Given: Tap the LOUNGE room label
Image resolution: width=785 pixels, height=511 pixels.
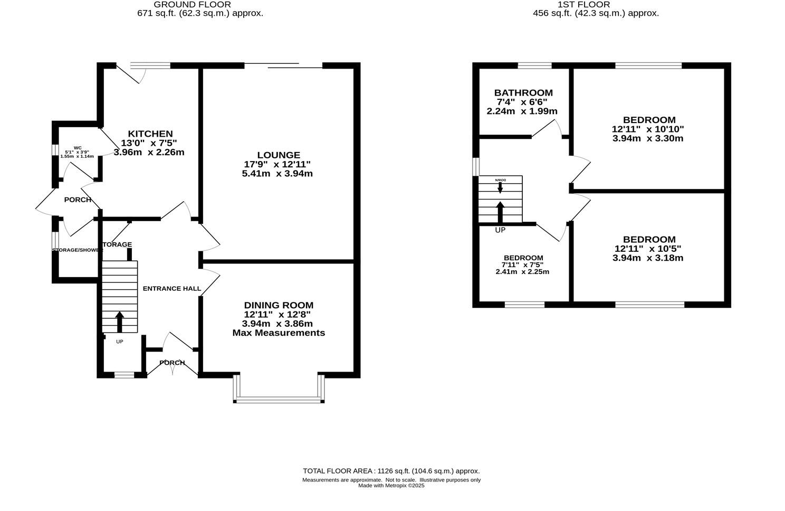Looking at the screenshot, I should click(x=279, y=155).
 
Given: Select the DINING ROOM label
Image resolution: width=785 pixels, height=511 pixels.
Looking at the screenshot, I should click(x=279, y=305).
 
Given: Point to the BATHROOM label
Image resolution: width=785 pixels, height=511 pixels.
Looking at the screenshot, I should click(x=523, y=93).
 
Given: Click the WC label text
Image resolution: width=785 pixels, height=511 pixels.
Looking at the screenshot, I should click(x=78, y=148).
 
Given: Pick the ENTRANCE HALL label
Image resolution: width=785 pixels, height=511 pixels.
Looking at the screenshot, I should click(x=172, y=288).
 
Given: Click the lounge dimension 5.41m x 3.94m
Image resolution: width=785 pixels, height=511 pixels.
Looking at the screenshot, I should click(x=277, y=173).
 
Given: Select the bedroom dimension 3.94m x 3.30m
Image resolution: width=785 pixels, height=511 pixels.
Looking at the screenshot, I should click(x=648, y=138).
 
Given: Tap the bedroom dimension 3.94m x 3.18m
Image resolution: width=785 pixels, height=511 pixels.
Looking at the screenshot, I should click(x=648, y=258).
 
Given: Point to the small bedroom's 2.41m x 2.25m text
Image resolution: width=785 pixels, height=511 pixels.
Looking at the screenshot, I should click(x=522, y=272).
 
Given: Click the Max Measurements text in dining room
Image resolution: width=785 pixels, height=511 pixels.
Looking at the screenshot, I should click(x=279, y=333).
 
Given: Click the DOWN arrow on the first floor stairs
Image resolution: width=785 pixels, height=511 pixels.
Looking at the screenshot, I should click(x=500, y=187).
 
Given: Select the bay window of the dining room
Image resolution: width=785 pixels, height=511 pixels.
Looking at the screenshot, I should click(x=279, y=399).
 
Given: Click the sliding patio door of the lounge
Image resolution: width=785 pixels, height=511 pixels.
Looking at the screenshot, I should click(x=284, y=66).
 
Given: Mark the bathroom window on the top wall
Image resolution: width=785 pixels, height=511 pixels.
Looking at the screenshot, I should click(x=534, y=65).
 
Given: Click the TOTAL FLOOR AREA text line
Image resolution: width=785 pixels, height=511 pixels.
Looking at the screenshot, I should click(x=391, y=471).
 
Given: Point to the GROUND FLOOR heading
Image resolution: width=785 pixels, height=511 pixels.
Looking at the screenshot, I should click(x=192, y=5).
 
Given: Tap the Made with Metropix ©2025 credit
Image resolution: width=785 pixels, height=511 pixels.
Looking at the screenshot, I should click(x=391, y=486).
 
